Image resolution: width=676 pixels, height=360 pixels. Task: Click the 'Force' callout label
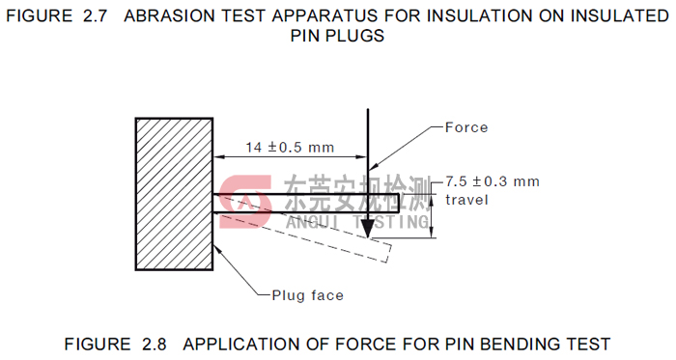tap(466, 127)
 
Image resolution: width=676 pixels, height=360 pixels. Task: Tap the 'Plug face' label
tap(307, 295)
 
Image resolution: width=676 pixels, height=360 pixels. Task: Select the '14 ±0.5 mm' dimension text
tap(290, 148)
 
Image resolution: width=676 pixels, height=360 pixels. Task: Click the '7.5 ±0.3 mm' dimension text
tap(492, 181)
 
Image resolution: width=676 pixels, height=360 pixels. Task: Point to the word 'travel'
tap(466, 200)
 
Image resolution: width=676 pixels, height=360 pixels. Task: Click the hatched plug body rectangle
tap(174, 194)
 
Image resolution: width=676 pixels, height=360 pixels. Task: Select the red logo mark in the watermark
tap(244, 202)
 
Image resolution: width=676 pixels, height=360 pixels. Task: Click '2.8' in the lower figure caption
tap(154, 344)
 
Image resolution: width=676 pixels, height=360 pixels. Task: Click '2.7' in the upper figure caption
tap(95, 16)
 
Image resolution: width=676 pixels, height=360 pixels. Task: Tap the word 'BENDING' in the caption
tap(521, 344)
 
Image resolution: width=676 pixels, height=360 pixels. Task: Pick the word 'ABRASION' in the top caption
tap(167, 16)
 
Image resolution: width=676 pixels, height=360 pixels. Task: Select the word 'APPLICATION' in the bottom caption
tap(241, 344)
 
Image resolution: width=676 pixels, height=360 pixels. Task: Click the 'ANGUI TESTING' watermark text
tap(357, 222)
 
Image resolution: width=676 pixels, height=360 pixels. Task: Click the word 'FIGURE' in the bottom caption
tap(98, 344)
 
